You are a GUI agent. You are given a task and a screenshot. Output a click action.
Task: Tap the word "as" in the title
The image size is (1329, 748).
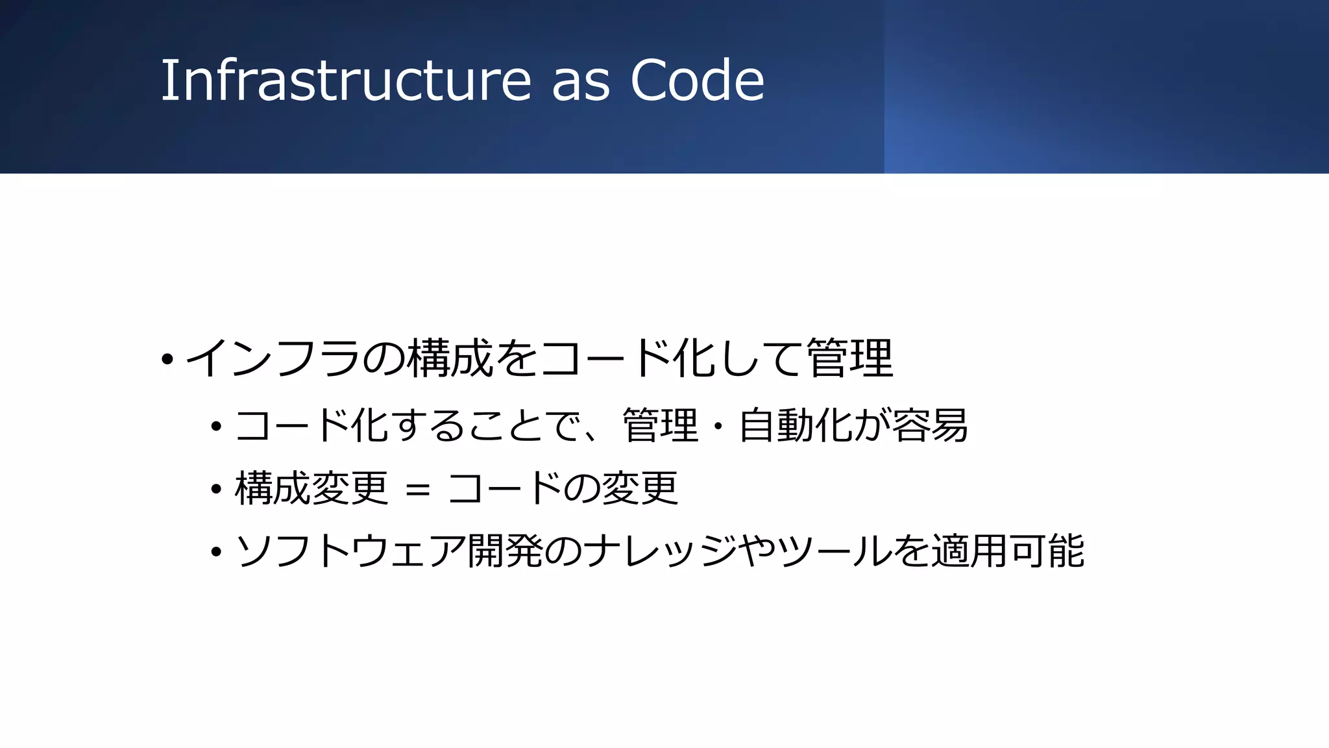(x=581, y=82)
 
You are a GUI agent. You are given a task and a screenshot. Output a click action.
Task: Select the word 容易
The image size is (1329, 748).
(x=930, y=426)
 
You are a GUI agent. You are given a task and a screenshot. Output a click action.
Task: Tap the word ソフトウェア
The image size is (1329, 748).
(x=350, y=551)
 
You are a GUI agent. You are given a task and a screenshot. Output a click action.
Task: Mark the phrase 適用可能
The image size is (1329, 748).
(x=1008, y=551)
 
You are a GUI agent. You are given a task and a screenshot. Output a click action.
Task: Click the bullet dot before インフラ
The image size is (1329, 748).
(x=167, y=359)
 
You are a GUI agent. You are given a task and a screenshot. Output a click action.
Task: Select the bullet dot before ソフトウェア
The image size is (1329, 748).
(x=217, y=553)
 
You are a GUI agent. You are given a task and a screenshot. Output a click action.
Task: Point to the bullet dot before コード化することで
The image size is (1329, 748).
(x=217, y=427)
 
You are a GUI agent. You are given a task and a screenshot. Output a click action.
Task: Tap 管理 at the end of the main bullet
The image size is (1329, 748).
(x=850, y=359)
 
